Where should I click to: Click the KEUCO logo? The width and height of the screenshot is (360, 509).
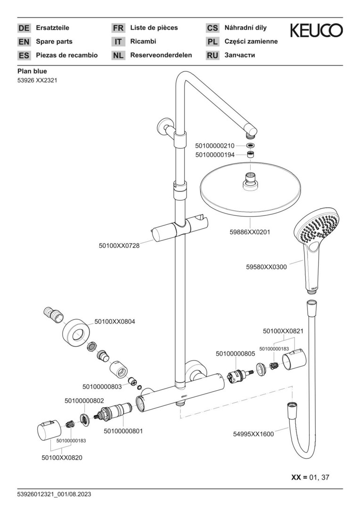point(316,31)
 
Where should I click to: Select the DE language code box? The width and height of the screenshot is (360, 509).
point(24,28)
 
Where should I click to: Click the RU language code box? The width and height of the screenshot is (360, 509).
point(213,56)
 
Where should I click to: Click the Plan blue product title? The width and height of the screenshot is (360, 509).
point(32,71)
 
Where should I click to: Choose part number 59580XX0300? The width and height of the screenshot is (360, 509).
point(266,267)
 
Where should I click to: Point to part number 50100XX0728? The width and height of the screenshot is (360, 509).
point(119,246)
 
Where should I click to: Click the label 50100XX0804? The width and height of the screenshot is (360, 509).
point(115,321)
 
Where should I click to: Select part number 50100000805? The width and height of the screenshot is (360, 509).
point(235,353)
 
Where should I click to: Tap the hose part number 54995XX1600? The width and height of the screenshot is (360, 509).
point(254,434)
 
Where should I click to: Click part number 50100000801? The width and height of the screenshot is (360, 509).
point(123,431)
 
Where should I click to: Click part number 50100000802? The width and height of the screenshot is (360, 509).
point(84,400)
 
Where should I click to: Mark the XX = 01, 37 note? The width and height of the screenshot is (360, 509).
point(311,477)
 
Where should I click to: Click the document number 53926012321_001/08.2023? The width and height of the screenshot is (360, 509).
point(54,494)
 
